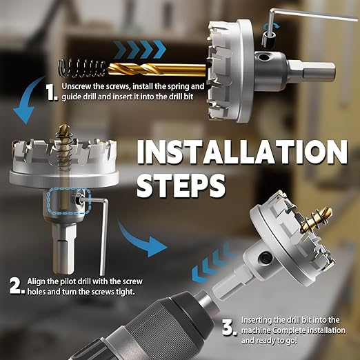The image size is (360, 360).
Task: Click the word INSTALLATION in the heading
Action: coord(242,152)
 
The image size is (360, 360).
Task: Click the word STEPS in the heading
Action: coord(181,186)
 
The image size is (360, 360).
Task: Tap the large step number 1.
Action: coord(52,92)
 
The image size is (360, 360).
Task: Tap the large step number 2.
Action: coord(17,286)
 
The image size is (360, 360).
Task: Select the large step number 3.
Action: coord(229,328)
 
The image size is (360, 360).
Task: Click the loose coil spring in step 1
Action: coord(82,68)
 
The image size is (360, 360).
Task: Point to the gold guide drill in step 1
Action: coord(157,70)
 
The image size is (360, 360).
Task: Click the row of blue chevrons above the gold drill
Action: coord(140,49)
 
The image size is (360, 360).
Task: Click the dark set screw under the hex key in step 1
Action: coord(269,39)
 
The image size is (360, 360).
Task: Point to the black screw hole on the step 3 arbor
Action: coord(266,257)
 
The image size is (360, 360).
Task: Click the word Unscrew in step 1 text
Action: coord(77,86)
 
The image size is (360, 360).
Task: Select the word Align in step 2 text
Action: coord(36,282)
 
